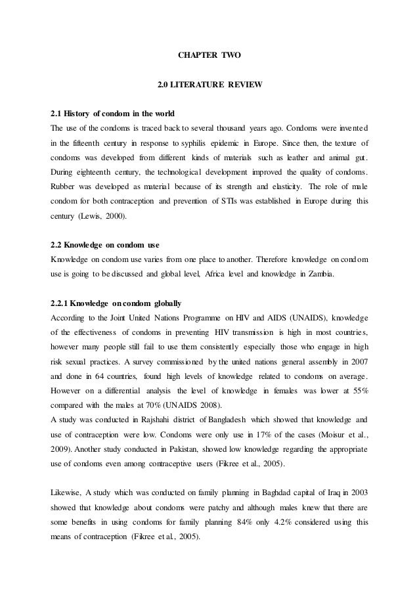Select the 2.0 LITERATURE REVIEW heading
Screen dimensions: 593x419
tap(209, 86)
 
